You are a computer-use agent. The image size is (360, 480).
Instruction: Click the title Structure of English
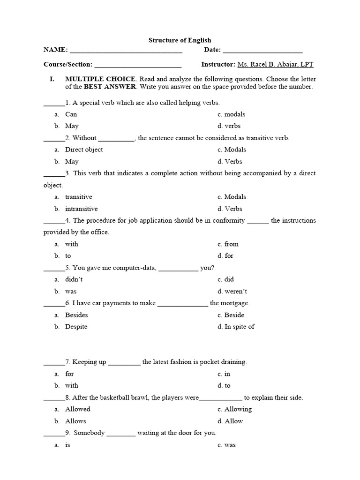pos(180,40)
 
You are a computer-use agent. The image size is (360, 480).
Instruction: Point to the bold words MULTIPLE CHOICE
pos(100,79)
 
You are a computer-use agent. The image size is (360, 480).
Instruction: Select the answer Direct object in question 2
pos(84,150)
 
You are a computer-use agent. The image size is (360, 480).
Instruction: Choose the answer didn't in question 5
pos(77,279)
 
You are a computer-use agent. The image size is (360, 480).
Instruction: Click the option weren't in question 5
pos(236,291)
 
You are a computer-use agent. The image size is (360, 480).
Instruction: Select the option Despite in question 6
pos(76,327)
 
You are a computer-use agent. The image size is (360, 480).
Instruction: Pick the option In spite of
pos(239,327)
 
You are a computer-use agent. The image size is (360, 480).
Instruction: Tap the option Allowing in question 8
pos(238,409)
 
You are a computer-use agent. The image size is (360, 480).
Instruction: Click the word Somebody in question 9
pos(89,433)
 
